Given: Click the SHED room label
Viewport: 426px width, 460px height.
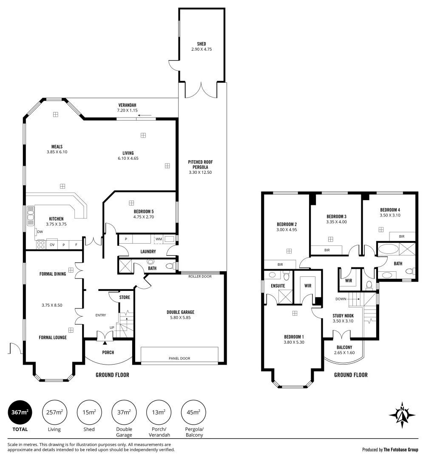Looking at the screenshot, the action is click(x=202, y=44).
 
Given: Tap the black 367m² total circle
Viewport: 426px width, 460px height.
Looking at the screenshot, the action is click(x=20, y=412).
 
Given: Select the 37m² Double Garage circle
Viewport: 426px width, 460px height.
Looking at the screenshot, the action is click(x=124, y=412).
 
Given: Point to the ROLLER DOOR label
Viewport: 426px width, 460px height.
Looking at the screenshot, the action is click(x=200, y=276).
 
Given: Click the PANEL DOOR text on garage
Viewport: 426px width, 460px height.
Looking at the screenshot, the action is click(x=179, y=358).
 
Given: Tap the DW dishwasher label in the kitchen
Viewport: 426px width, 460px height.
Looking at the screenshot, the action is click(x=40, y=232).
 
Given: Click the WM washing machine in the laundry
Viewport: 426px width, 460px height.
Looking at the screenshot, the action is click(x=159, y=239).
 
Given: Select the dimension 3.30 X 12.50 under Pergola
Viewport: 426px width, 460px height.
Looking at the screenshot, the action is click(x=200, y=172).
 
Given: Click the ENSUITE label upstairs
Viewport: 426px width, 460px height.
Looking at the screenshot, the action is click(x=278, y=286).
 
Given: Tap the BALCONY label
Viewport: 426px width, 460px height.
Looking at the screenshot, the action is click(x=344, y=348).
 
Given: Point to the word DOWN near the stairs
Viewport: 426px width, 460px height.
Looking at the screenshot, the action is click(x=341, y=299).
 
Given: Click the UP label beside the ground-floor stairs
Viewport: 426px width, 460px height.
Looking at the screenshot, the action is click(x=112, y=328).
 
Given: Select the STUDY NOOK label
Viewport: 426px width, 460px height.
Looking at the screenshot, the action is click(x=343, y=316).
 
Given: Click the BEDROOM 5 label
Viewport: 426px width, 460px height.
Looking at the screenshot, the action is click(x=143, y=212).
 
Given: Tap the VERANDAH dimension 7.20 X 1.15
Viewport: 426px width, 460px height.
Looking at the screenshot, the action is click(x=128, y=111).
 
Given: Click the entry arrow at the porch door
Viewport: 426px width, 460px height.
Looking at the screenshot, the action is click(x=105, y=342).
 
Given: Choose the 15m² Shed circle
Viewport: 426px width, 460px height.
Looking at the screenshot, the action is click(x=89, y=412).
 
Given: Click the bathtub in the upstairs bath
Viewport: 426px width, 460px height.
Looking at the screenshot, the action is click(x=388, y=249).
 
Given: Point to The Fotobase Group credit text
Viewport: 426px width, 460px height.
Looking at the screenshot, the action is click(x=401, y=450).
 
